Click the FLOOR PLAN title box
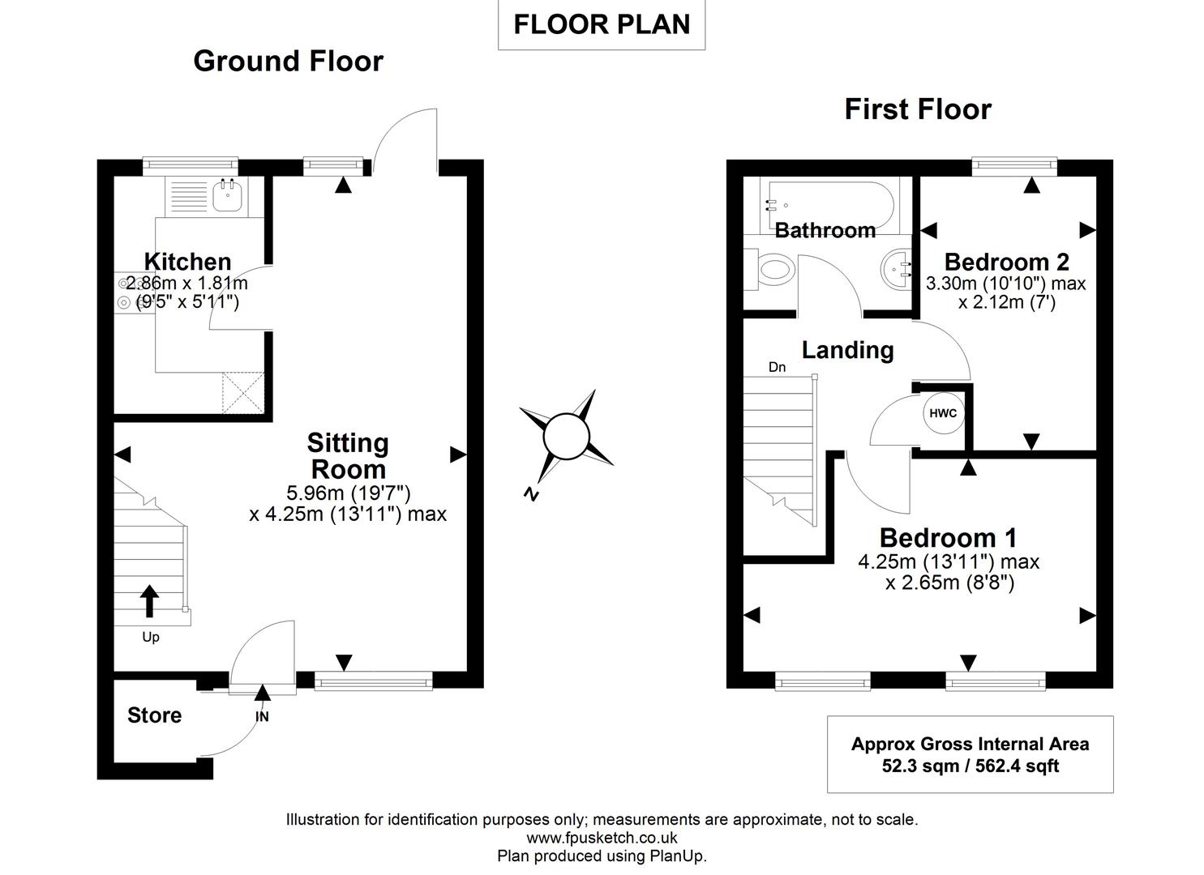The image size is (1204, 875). click(x=602, y=24)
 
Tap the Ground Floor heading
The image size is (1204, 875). click(x=288, y=61)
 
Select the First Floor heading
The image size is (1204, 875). click(x=918, y=109)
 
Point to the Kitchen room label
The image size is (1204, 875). click(x=187, y=262)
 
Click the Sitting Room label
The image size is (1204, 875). click(x=348, y=456)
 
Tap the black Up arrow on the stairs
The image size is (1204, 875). click(x=149, y=602)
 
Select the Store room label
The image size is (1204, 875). click(x=154, y=715)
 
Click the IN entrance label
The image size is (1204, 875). click(x=262, y=717)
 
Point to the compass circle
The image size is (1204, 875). click(x=565, y=438)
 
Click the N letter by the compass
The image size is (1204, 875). click(x=531, y=495)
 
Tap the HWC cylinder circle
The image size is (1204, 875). click(x=943, y=413)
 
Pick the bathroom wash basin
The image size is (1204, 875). click(x=896, y=267)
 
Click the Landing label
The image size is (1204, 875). click(x=847, y=350)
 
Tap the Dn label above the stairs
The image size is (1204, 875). click(x=777, y=368)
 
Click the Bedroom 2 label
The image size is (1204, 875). click(x=1006, y=262)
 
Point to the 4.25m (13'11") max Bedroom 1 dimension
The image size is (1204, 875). click(x=949, y=561)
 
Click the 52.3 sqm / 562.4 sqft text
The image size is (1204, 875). click(x=970, y=766)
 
